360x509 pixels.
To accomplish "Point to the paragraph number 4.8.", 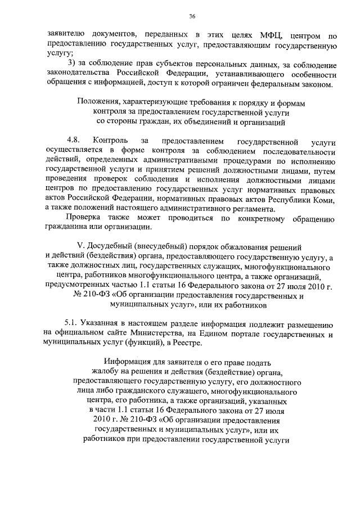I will [72, 138].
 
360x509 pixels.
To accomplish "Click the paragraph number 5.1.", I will [72, 325].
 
